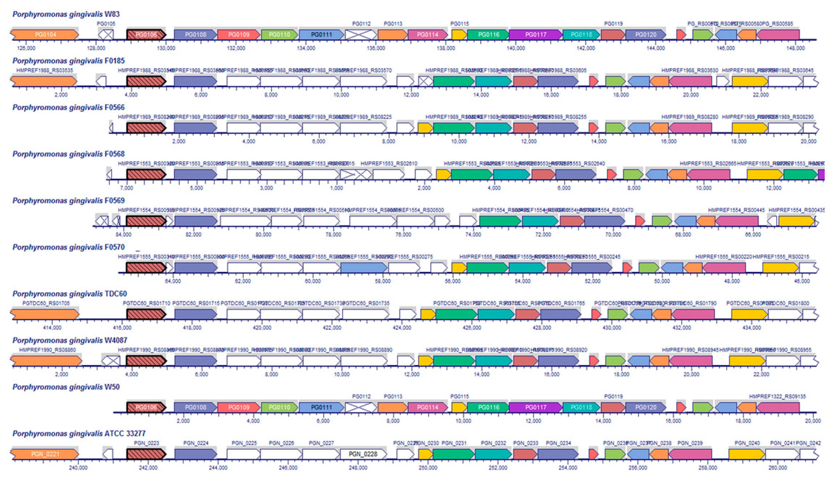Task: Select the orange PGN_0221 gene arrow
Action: (45, 454)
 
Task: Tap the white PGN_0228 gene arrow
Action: (363, 454)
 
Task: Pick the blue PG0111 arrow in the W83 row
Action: (321, 34)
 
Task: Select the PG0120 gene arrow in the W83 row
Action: (645, 34)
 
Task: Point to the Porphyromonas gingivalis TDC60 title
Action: (69, 294)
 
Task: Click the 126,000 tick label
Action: (26, 48)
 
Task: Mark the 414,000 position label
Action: (52, 328)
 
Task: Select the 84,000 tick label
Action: (123, 235)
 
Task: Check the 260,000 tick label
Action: (777, 468)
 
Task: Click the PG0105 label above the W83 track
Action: (106, 24)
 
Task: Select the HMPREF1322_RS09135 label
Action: (777, 397)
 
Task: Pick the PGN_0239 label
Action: (690, 443)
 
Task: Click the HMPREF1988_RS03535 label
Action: (45, 70)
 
